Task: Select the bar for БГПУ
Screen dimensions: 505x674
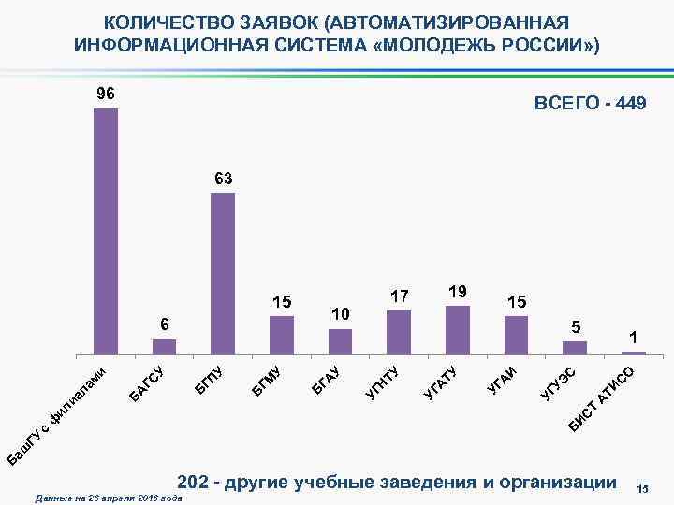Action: (223, 273)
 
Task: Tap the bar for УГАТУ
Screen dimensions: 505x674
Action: (458, 329)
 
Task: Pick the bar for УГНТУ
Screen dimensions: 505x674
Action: (399, 332)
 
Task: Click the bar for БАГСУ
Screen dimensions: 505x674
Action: (164, 346)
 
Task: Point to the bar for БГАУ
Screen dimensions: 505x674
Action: (340, 340)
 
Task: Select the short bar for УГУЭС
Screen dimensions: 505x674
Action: (575, 347)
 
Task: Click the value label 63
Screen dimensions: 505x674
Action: (223, 177)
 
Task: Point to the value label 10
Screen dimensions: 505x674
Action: (340, 311)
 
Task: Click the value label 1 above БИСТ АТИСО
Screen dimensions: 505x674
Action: (634, 336)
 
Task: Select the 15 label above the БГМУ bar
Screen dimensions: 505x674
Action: (282, 301)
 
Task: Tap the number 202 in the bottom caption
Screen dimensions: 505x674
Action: (193, 483)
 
